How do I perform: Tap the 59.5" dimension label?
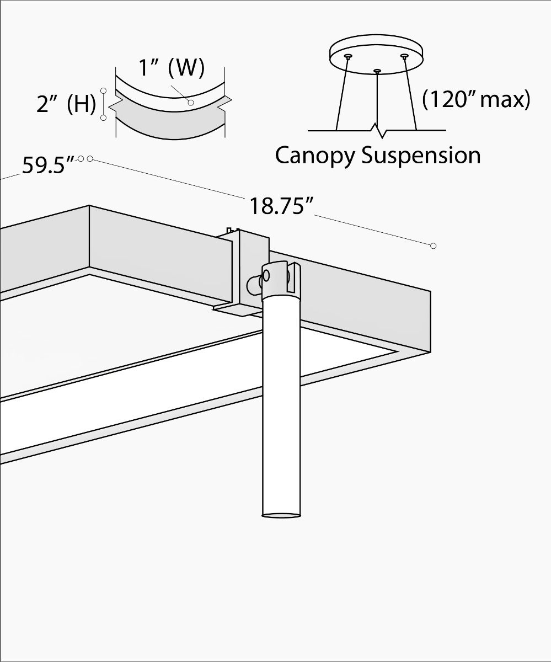[x=48, y=165]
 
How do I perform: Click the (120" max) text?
[x=476, y=99]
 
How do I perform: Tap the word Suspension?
[x=421, y=156]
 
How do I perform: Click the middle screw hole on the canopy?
[x=377, y=71]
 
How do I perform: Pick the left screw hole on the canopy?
[x=347, y=56]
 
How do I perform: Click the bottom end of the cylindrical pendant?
[x=281, y=516]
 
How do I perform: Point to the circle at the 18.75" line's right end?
[x=433, y=245]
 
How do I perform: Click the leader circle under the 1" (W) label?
[x=190, y=102]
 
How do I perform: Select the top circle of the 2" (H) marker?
[x=103, y=89]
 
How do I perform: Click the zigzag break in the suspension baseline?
[x=378, y=132]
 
